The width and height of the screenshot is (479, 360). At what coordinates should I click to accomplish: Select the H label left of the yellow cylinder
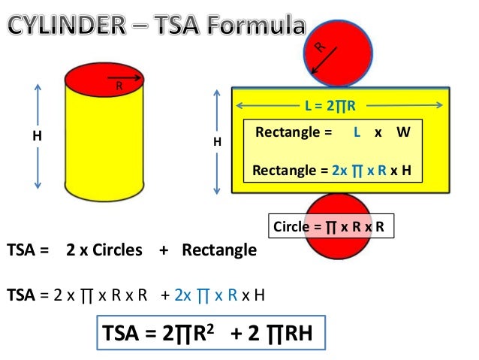(x=37, y=138)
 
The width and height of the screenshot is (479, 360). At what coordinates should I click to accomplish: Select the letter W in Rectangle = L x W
(x=403, y=132)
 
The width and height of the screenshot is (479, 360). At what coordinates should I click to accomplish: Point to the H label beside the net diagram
(x=218, y=141)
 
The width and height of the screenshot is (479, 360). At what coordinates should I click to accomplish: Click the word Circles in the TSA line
(x=117, y=250)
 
